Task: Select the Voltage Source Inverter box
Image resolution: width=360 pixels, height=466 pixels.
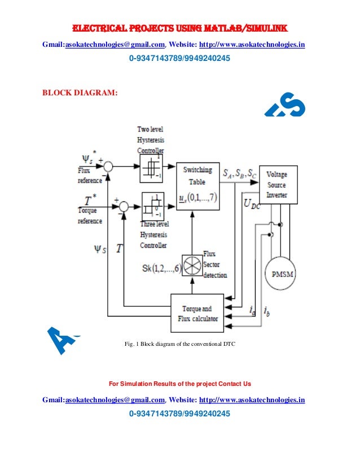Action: pyautogui.click(x=277, y=185)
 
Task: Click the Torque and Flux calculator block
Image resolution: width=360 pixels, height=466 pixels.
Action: pyautogui.click(x=199, y=313)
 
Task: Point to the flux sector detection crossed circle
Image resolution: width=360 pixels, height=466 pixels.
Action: pyautogui.click(x=190, y=265)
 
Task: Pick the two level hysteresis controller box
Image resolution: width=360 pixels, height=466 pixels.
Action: pyautogui.click(x=151, y=168)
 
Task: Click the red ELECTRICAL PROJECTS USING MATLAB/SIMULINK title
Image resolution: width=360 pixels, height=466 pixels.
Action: pyautogui.click(x=179, y=29)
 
